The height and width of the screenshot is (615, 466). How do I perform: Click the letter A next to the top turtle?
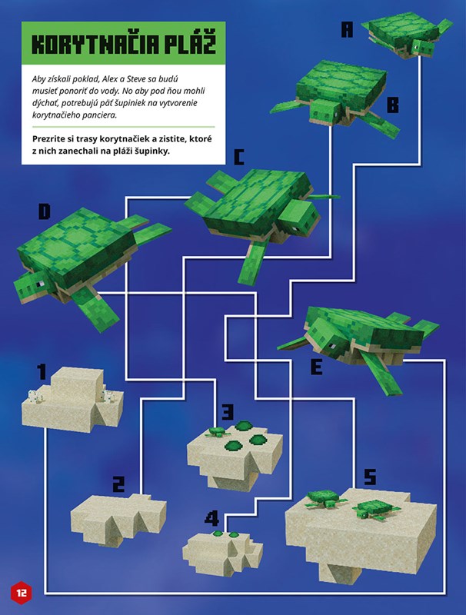(347, 29)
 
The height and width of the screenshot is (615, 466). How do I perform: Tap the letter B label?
(393, 105)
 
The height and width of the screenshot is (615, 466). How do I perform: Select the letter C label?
(238, 157)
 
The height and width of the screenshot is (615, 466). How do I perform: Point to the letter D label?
(45, 212)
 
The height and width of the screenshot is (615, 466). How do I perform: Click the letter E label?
(316, 367)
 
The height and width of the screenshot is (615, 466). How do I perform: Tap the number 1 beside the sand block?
(42, 371)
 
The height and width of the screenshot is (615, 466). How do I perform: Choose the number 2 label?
(118, 484)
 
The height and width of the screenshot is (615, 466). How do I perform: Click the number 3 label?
(228, 412)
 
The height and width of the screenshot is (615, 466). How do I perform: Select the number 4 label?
(211, 518)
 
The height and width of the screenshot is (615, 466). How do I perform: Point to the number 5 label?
(370, 477)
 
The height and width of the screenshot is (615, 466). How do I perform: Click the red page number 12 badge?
(22, 592)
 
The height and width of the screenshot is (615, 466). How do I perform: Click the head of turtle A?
(423, 48)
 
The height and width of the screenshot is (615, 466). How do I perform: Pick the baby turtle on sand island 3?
(216, 432)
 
